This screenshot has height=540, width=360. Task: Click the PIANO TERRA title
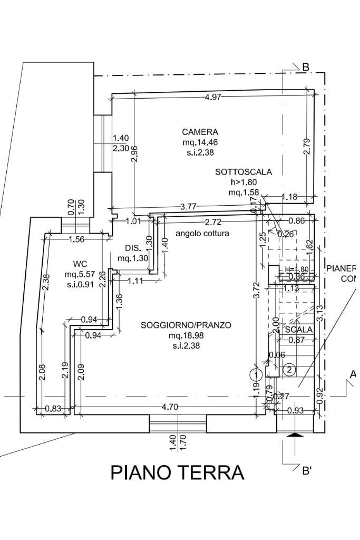[177, 472]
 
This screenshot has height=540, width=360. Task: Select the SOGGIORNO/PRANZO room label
[186, 325]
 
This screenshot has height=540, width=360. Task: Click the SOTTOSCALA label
[243, 172]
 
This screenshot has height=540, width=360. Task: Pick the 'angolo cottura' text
[202, 233]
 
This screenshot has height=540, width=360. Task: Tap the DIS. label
[132, 248]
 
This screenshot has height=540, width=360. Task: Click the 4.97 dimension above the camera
[213, 97]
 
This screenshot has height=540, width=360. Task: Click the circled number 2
[289, 370]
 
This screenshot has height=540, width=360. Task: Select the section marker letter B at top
[305, 67]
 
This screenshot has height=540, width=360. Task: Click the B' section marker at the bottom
[307, 471]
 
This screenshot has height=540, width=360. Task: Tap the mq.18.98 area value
[186, 335]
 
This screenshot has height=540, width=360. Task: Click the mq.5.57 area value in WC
[79, 274]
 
